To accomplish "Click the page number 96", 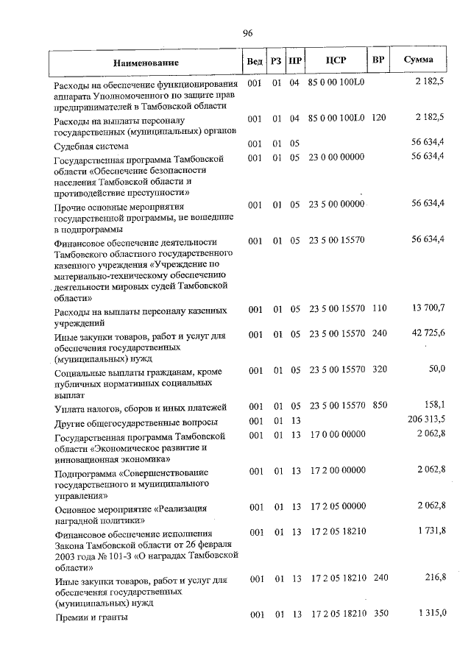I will (247, 33).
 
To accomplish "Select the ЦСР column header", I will (336, 60).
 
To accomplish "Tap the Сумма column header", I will (418, 60).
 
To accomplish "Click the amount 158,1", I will (433, 405).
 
